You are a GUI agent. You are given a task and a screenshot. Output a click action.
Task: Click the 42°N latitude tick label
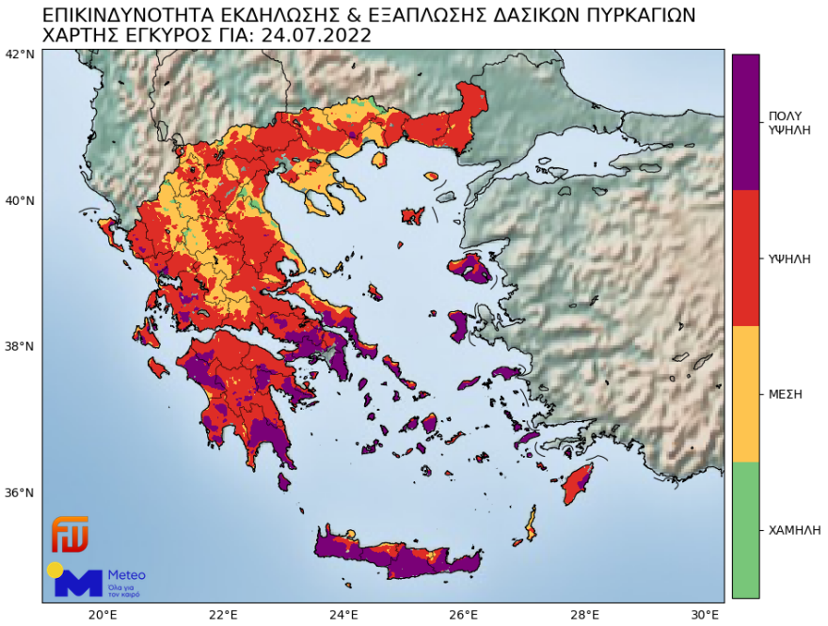point(20,54)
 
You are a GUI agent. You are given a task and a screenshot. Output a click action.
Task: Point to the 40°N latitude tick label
point(20,200)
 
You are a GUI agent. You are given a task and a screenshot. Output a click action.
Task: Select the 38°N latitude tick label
point(20,346)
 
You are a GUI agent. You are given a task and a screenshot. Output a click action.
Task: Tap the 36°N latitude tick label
point(20,493)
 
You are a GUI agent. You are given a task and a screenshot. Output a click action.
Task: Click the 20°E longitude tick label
point(102,616)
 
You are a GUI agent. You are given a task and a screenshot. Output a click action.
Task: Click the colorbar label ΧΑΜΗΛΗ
point(790,530)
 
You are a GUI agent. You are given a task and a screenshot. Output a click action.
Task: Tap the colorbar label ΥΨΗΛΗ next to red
point(789,258)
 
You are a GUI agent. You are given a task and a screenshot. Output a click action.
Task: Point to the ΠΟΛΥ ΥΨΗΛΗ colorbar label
point(789,122)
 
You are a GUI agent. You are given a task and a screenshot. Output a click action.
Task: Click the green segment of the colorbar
point(745,530)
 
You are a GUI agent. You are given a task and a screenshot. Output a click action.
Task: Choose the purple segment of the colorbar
point(745,122)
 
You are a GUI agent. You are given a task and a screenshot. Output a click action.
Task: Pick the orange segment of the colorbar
point(745,394)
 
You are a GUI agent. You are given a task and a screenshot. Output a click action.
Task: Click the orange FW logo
point(70,534)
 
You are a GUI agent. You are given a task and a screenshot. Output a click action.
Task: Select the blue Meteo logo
point(94,580)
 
